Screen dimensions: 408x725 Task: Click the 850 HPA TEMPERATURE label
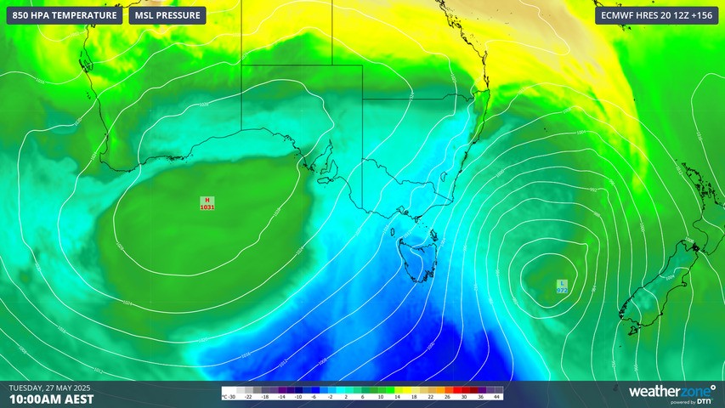65,15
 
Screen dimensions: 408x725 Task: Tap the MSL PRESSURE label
167,15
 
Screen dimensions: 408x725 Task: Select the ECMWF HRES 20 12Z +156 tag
655,15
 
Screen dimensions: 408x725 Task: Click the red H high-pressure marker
207,200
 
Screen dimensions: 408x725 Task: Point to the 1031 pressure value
207,207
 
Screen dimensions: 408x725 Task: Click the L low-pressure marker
562,283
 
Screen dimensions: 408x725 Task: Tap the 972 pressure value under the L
562,291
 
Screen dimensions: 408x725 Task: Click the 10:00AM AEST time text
52,399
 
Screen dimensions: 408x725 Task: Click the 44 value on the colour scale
496,397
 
